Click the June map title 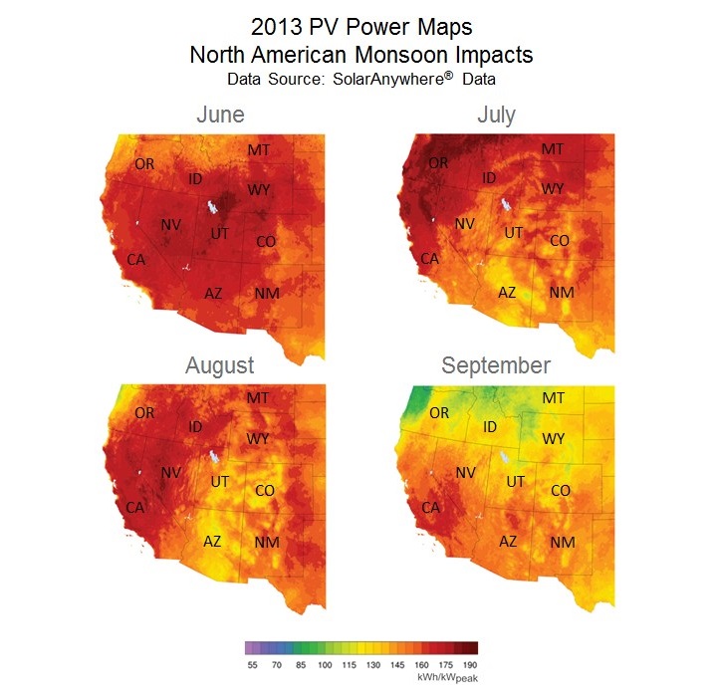(220, 115)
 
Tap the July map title (496, 115)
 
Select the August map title (219, 365)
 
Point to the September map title (496, 365)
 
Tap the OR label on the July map (438, 162)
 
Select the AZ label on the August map (212, 542)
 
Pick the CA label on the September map (430, 508)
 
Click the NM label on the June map (267, 293)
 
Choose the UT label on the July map (514, 232)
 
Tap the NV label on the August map (169, 473)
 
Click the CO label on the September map (560, 490)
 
